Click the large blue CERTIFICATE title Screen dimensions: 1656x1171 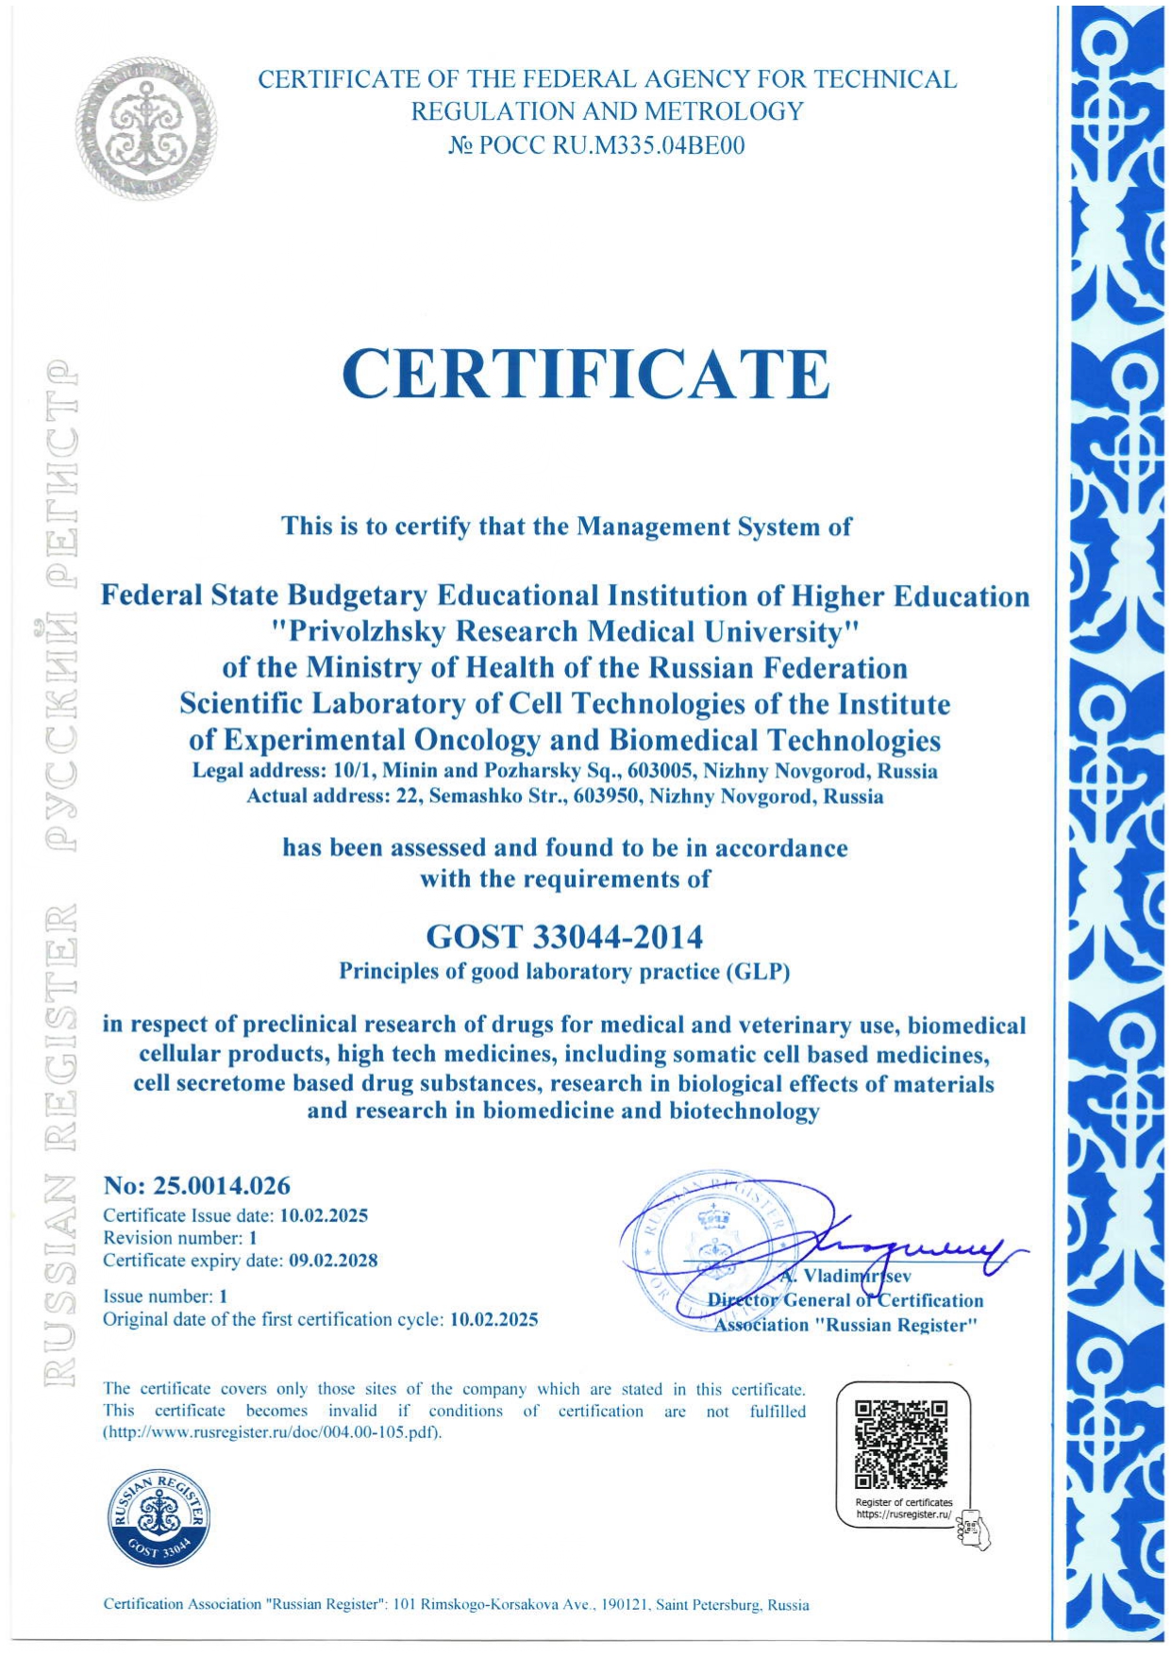[x=585, y=374]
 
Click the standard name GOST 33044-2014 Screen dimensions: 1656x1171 [x=564, y=937]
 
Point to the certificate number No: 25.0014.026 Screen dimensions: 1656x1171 [x=196, y=1186]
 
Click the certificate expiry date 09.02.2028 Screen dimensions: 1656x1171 [x=333, y=1261]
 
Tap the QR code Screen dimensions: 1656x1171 [x=900, y=1445]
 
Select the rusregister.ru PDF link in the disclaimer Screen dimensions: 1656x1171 [x=272, y=1433]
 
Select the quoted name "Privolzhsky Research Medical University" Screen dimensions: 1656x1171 [x=564, y=631]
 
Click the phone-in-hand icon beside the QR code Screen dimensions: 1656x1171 [x=973, y=1528]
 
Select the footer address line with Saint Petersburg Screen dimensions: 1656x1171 [x=456, y=1604]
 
